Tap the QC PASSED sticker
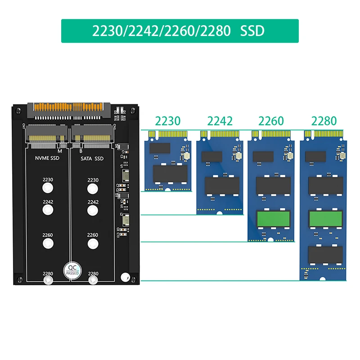point(72,269)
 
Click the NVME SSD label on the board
point(47,158)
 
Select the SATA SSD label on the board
point(92,158)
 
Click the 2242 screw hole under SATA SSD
point(93,210)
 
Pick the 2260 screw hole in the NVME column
point(48,243)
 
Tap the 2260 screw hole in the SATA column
point(93,243)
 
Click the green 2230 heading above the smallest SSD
point(167,121)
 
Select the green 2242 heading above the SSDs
point(220,121)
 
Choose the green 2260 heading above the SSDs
point(271,121)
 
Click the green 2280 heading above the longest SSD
point(324,121)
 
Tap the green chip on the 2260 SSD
point(273,219)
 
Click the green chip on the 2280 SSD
point(326,219)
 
